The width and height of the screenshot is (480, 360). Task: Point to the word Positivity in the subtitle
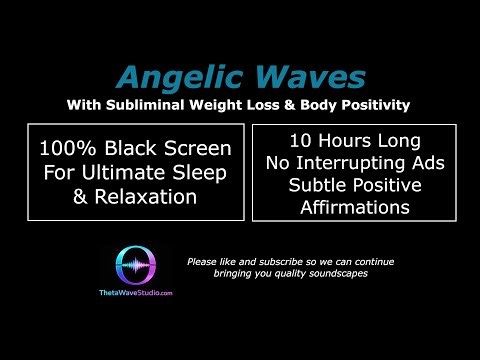click(x=374, y=104)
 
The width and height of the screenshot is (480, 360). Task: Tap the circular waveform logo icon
click(x=139, y=267)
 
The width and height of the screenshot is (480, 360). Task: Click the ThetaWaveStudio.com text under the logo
click(x=139, y=293)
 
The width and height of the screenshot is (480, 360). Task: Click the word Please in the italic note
click(x=203, y=262)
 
